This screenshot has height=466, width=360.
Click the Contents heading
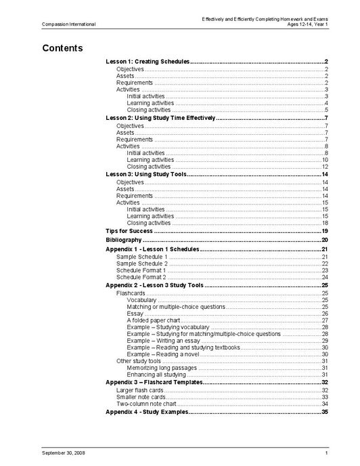(62, 48)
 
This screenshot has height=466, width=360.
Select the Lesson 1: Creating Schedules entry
(148, 62)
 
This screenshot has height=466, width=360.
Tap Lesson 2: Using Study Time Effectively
(160, 118)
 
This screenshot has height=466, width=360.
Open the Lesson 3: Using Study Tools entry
(145, 174)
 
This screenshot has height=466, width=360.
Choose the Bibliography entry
(124, 240)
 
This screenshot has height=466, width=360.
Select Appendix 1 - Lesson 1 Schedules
(152, 249)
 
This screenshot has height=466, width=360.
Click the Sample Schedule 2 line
(141, 263)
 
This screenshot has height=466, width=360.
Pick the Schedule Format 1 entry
(141, 270)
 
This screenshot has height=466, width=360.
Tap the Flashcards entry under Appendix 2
(130, 293)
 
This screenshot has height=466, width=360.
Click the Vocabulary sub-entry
(141, 299)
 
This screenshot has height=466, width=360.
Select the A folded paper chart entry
(152, 320)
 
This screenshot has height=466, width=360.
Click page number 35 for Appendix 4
(325, 412)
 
